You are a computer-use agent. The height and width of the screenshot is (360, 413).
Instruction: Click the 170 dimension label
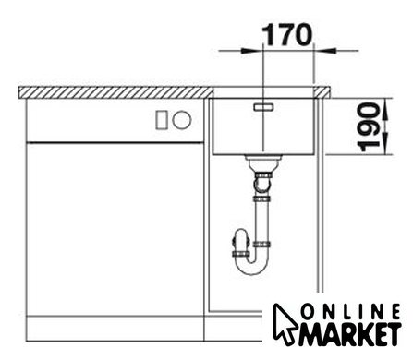pos(286,34)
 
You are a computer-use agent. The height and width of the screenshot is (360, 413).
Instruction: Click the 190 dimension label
pos(369,127)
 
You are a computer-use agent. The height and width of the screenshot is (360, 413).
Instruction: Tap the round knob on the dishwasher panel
pos(182,119)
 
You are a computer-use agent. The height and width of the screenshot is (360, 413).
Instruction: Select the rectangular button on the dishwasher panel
pos(162,120)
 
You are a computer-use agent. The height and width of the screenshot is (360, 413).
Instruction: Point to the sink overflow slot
pos(263,107)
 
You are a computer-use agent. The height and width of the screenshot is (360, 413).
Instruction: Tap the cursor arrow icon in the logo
pos(285,323)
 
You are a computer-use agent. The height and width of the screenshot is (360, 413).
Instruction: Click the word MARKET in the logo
pos(350,334)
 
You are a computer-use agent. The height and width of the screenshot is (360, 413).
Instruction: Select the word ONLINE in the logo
pos(350,312)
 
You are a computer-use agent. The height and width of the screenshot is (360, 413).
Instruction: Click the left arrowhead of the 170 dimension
pos(250,50)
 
